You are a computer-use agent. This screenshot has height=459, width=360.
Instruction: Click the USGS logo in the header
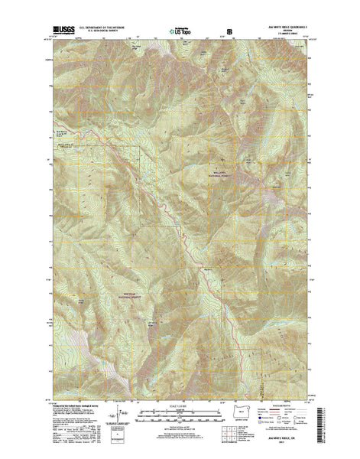tap(64, 26)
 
